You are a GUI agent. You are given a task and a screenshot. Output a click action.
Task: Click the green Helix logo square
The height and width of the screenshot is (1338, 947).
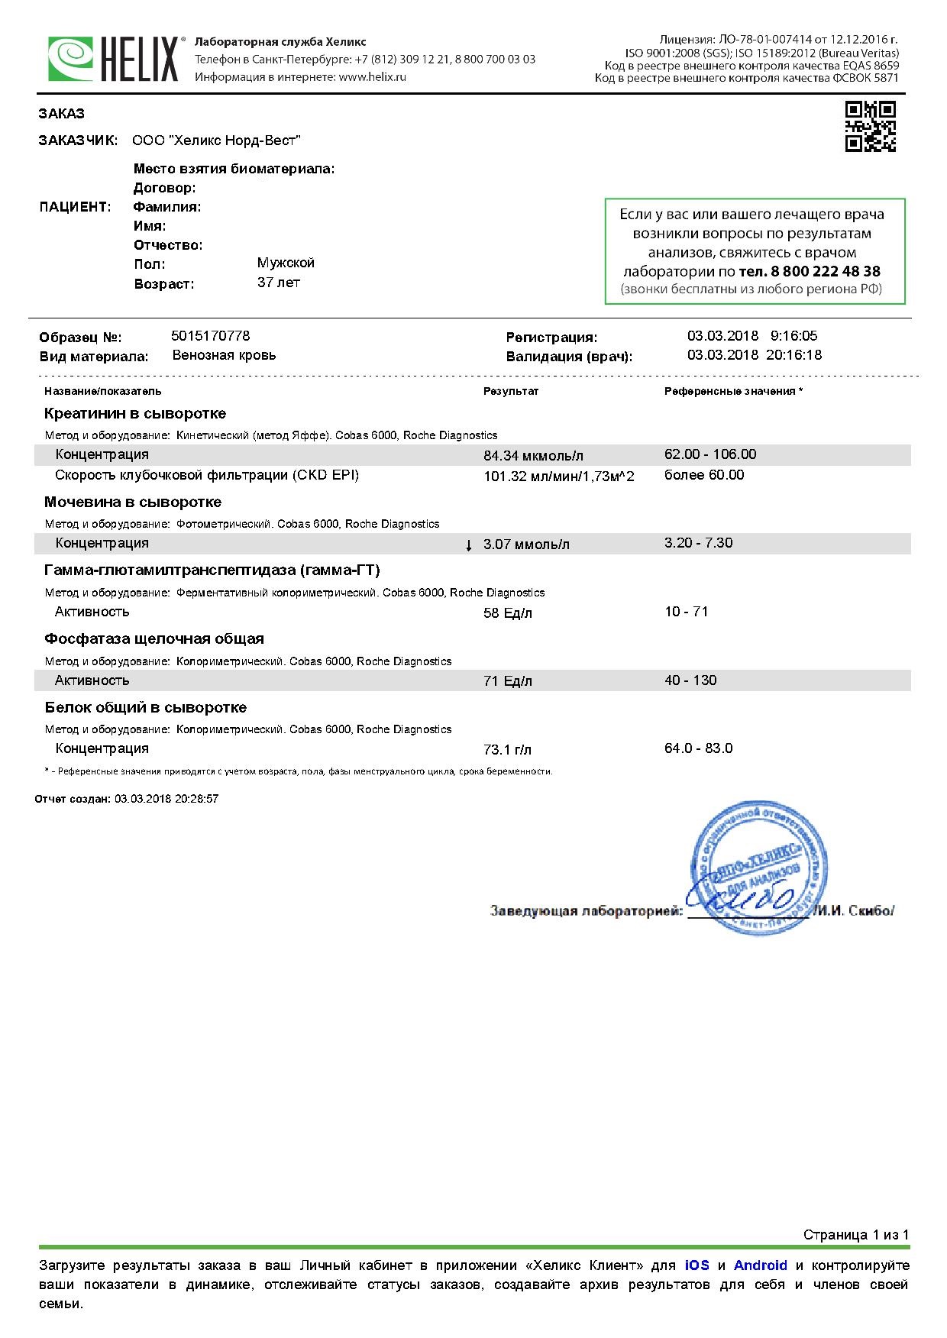pos(71,59)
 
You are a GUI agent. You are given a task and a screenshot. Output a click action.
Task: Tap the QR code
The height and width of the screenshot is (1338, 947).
pos(870,126)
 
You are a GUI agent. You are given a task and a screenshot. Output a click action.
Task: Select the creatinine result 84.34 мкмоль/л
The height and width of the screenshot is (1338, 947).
pos(533,456)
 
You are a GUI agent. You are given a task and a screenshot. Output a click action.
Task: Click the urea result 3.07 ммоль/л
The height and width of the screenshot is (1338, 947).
pos(526,545)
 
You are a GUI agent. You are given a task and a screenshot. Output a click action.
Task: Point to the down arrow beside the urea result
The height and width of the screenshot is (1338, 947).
pos(469,545)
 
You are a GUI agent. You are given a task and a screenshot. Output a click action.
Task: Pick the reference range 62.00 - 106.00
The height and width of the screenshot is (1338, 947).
pos(710,454)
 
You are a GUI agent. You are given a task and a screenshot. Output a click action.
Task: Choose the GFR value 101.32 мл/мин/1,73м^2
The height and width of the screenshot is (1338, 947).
pos(558,477)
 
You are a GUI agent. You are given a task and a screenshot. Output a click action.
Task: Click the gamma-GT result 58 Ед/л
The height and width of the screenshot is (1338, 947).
pos(508,613)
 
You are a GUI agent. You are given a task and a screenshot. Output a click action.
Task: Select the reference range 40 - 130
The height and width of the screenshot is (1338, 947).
pos(690,680)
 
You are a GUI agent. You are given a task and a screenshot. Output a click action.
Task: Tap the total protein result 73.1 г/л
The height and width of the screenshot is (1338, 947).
pos(507,750)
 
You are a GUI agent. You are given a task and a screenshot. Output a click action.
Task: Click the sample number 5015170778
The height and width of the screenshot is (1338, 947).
pos(211,336)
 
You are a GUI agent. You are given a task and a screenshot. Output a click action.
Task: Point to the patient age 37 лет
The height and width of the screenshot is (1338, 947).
pos(279,283)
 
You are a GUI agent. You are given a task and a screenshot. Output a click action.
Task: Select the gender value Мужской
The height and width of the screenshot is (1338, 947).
pos(286,263)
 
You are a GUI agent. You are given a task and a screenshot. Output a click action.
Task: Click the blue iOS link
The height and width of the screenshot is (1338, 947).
pos(697,1265)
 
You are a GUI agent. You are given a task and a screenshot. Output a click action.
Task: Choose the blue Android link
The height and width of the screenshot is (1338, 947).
pos(760,1265)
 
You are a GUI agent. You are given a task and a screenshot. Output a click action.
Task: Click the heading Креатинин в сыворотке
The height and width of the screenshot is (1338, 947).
pos(135,414)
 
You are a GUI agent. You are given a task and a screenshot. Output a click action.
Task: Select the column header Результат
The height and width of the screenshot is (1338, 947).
pos(511,391)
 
